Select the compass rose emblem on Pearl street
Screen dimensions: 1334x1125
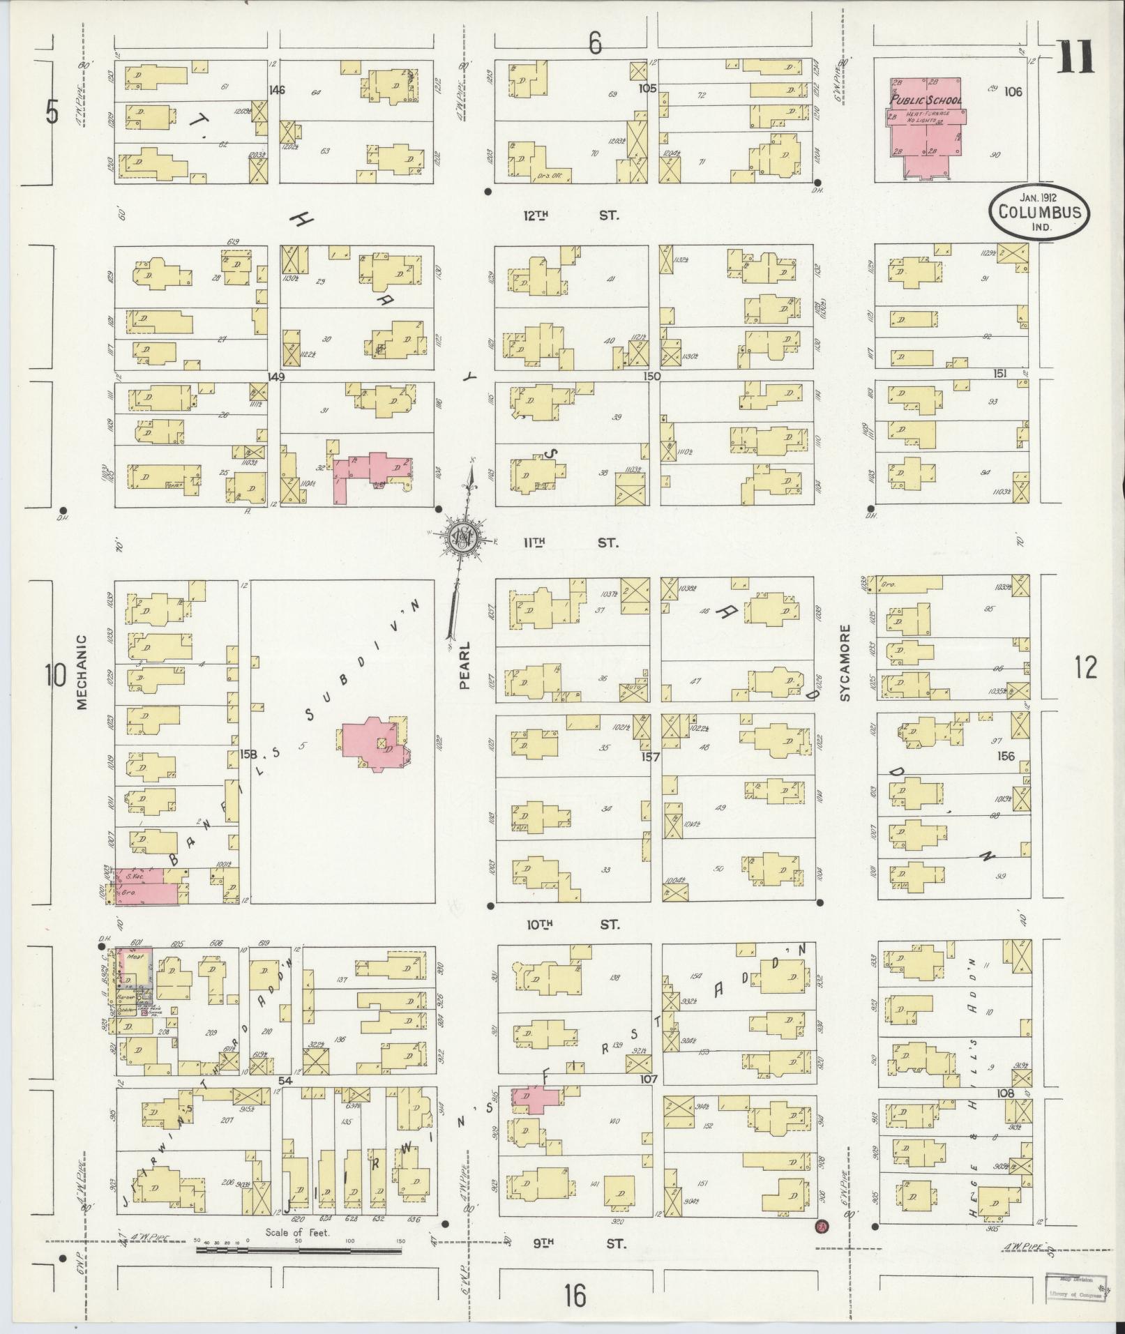[461, 536]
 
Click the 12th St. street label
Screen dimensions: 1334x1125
[567, 215]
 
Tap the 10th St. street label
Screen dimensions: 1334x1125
[572, 925]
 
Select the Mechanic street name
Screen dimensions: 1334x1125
[82, 672]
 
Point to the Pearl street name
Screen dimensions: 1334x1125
[465, 665]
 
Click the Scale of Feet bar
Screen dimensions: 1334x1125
[299, 1250]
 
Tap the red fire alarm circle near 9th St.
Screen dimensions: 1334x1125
[821, 1226]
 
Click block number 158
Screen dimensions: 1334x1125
[249, 754]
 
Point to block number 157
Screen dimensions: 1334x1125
[650, 756]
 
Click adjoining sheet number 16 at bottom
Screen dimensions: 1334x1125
[575, 1296]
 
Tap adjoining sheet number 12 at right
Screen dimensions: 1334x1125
[1085, 667]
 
